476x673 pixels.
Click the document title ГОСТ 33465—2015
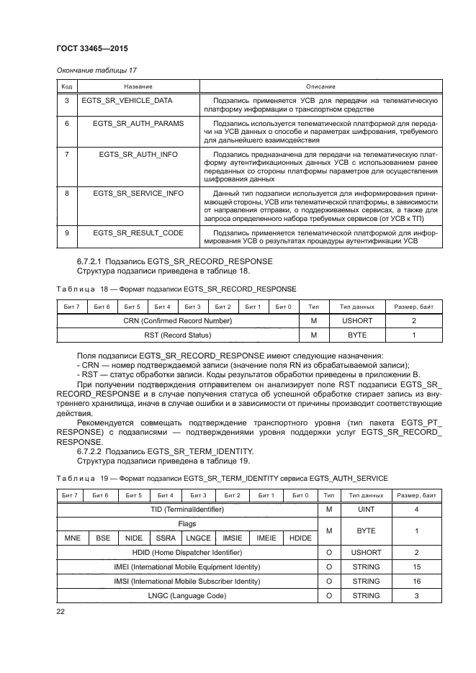91,49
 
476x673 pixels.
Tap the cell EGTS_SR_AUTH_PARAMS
138,123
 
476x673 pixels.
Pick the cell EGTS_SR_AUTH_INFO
138,154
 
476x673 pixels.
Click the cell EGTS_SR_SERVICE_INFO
138,193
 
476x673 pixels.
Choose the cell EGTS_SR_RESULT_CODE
138,232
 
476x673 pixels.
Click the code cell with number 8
66,193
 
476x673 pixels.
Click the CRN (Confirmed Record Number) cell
177,320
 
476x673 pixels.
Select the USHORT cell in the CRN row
354,320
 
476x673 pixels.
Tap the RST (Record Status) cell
177,335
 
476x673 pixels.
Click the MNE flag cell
72,538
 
